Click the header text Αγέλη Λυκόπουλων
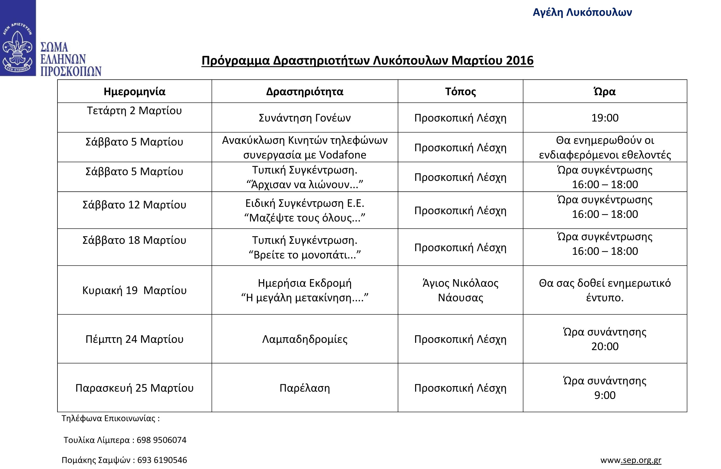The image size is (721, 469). (582, 12)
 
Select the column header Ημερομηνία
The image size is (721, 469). (134, 91)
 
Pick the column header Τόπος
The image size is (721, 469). (460, 91)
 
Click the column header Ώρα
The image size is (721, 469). (605, 91)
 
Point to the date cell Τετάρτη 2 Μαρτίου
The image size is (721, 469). (134, 111)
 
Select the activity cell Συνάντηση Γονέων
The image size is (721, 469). (305, 118)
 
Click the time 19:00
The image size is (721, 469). (605, 118)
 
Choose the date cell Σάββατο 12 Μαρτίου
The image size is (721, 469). (134, 205)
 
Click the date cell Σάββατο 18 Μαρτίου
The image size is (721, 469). (134, 240)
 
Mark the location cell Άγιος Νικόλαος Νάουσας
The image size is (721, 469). (460, 290)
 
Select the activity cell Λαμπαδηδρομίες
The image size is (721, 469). (305, 339)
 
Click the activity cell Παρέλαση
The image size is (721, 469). (305, 388)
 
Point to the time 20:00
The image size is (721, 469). (605, 347)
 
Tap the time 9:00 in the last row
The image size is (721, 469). (605, 395)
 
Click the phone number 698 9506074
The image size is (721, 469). (161, 440)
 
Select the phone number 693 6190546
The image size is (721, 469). (162, 460)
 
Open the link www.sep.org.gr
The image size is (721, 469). (630, 460)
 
